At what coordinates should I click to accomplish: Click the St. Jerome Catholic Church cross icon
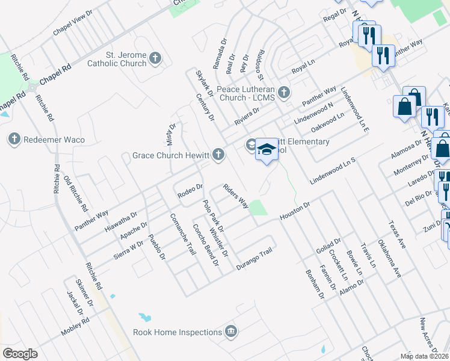tap(156, 58)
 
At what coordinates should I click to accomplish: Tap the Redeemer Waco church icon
tap(15, 140)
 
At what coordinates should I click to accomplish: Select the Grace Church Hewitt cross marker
tap(218, 155)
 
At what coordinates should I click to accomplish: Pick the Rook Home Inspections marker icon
tap(230, 332)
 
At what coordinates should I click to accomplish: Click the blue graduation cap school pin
tap(267, 150)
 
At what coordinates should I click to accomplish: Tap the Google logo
tap(20, 353)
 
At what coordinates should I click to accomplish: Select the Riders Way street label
tap(235, 196)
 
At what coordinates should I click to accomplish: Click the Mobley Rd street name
tap(75, 327)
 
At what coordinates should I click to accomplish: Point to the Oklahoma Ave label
tap(389, 259)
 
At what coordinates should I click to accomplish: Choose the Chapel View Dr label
tap(73, 22)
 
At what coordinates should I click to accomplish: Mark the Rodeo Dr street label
tap(190, 191)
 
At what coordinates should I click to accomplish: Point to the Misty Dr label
tap(170, 134)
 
